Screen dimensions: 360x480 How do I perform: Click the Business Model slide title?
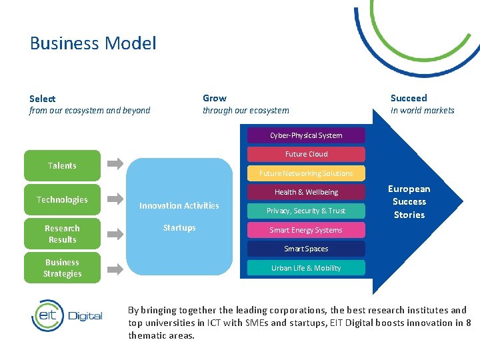coord(93,44)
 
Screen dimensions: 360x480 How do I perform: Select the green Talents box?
coord(62,166)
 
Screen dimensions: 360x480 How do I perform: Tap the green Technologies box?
coord(62,200)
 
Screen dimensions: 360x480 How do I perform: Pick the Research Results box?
coord(62,234)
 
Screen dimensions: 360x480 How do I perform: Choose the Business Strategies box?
coord(62,268)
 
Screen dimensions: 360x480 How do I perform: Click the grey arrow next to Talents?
coord(115,163)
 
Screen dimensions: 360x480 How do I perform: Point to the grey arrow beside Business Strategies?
coord(115,269)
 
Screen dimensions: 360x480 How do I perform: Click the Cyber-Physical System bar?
coord(306,135)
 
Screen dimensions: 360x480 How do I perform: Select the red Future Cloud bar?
coord(306,154)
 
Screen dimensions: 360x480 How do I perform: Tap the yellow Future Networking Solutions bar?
coord(306,173)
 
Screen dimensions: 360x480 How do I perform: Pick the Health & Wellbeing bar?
coord(306,192)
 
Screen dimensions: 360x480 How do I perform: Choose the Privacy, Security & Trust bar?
coord(306,211)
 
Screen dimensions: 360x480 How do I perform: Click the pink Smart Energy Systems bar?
coord(306,230)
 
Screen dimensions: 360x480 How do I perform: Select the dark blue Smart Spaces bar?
coord(306,249)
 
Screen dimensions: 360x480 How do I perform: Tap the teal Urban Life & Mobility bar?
coord(306,268)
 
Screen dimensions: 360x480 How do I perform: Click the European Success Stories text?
coord(409,202)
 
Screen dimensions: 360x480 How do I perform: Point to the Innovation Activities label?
coord(179,206)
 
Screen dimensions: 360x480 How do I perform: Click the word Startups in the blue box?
coord(179,228)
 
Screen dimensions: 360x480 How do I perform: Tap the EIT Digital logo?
coord(67,315)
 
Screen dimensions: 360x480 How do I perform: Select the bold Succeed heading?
coord(409,98)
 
